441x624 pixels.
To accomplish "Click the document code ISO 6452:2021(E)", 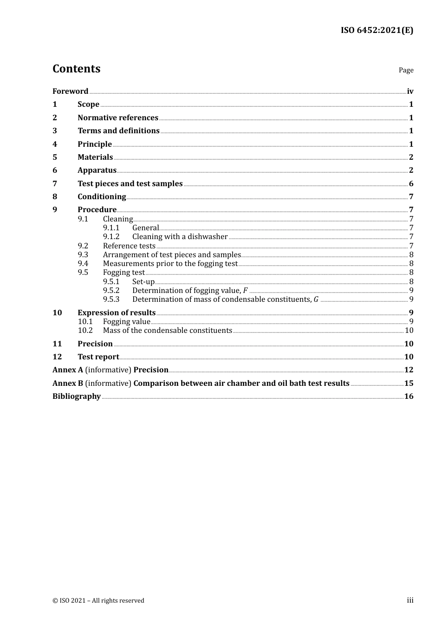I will click(x=376, y=31).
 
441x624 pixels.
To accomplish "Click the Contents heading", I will click(x=76, y=69).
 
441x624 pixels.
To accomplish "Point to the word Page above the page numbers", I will click(x=406, y=70).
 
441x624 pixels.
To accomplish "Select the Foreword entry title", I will click(x=70, y=91).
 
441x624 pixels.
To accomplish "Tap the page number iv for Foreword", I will click(x=410, y=91).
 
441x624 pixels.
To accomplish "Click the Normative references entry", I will click(x=118, y=117).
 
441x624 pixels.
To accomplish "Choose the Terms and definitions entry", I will click(x=118, y=130).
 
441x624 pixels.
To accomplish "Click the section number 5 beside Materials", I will click(x=55, y=157).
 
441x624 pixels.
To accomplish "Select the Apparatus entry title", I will click(x=97, y=170).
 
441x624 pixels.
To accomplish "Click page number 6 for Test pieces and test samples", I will click(x=411, y=183).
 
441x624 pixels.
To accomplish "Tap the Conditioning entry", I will click(x=102, y=196).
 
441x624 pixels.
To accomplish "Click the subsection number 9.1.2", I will click(x=111, y=237).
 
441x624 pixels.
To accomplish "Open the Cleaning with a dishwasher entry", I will click(x=180, y=237).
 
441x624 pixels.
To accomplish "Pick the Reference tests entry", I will click(x=129, y=246).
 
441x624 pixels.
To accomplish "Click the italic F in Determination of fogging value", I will click(x=246, y=291).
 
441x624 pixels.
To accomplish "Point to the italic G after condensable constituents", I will click(x=316, y=299).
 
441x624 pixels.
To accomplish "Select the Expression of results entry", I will click(x=117, y=312).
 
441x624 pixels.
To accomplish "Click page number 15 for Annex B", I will click(x=409, y=383).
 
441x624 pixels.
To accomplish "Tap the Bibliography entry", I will click(x=77, y=396).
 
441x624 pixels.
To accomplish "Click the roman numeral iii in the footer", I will click(x=410, y=600).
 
